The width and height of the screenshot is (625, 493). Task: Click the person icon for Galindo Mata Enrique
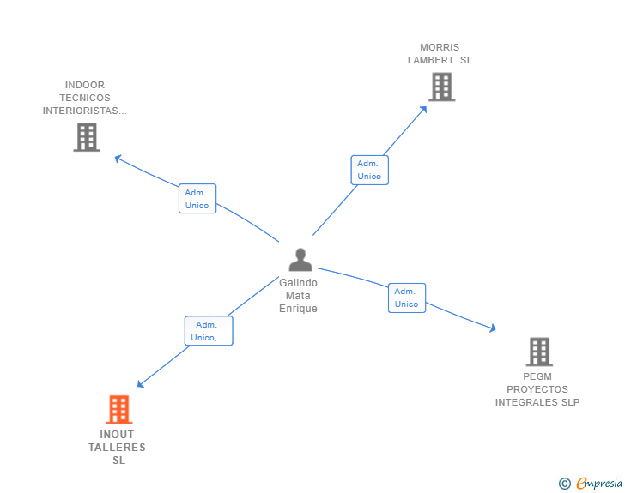pyautogui.click(x=300, y=259)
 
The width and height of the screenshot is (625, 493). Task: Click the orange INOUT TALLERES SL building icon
pyautogui.click(x=118, y=410)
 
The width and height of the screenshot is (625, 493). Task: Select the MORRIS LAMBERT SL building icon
pyautogui.click(x=440, y=87)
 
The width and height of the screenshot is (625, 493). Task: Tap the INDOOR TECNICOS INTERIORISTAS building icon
pyautogui.click(x=86, y=137)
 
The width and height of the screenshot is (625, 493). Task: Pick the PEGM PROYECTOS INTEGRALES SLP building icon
pyautogui.click(x=538, y=352)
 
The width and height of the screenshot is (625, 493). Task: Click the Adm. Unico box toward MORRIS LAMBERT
pyautogui.click(x=369, y=170)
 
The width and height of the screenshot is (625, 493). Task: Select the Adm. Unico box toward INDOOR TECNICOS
pyautogui.click(x=197, y=199)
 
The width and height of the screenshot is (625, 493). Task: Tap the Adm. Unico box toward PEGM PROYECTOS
pyautogui.click(x=406, y=298)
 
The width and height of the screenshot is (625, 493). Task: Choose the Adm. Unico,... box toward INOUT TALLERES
pyautogui.click(x=208, y=331)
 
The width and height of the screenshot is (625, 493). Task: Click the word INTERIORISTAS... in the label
pyautogui.click(x=85, y=111)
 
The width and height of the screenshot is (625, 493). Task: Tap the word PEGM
pyautogui.click(x=537, y=376)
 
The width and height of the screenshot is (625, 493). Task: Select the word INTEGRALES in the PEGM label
pyautogui.click(x=525, y=402)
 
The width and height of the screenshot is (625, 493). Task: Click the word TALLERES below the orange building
pyautogui.click(x=118, y=448)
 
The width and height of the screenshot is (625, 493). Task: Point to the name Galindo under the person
pyautogui.click(x=298, y=283)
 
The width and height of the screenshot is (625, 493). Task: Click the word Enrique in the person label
pyautogui.click(x=298, y=309)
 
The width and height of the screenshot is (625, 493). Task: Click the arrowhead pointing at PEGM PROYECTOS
pyautogui.click(x=492, y=328)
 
